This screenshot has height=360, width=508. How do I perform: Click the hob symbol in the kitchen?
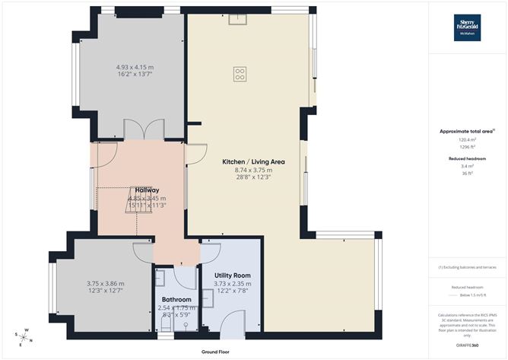[x=240, y=74]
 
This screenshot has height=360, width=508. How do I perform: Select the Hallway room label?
[x=147, y=190]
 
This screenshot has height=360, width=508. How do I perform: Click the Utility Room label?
[x=231, y=275]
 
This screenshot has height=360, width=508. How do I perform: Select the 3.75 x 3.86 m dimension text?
[x=105, y=283]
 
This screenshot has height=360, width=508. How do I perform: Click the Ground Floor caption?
[x=216, y=352]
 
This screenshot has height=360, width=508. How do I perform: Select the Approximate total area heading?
[x=467, y=132]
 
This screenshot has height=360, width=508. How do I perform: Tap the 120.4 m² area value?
[x=467, y=140]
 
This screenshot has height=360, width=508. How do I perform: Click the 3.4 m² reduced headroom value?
[x=467, y=165]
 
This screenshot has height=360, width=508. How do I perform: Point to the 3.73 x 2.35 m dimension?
[x=231, y=283]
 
